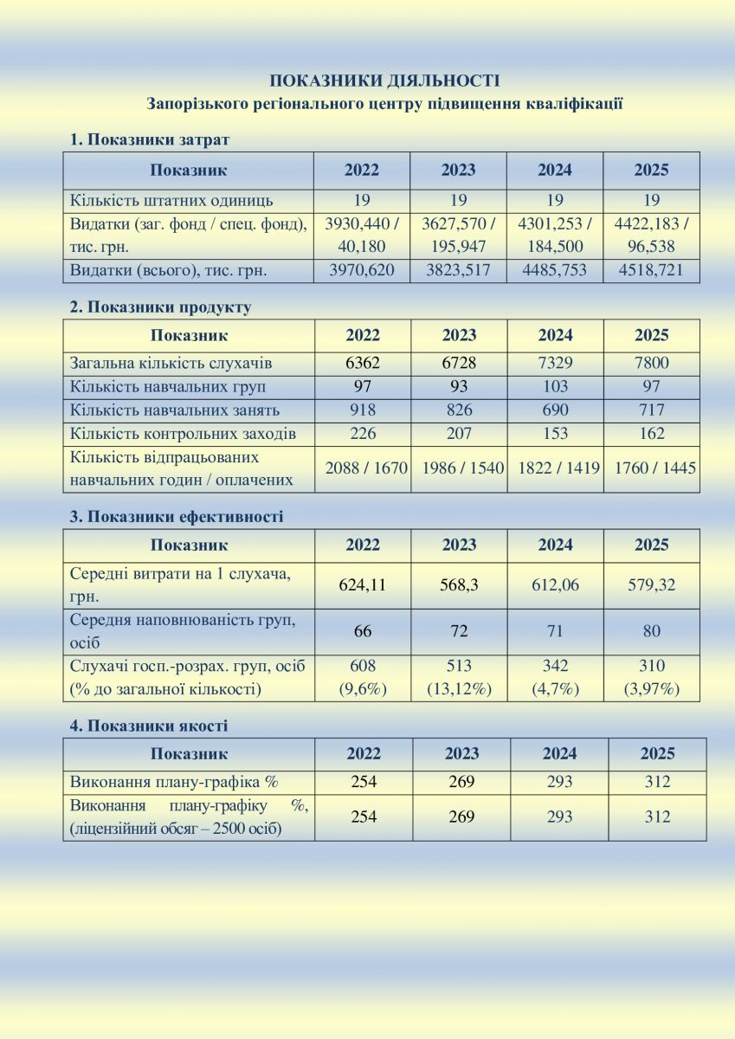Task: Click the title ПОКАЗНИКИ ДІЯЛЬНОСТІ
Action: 384,81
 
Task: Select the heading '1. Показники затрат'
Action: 149,139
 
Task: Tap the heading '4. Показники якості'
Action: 148,726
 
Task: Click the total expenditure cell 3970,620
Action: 362,270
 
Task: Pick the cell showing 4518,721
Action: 651,270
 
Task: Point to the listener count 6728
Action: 459,364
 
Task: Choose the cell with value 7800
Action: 651,364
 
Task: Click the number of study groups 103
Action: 555,387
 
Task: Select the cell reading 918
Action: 362,410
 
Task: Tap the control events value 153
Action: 555,434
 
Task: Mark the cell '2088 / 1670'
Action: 362,468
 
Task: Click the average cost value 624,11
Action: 362,585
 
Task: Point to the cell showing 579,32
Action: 651,585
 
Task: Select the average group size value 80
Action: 651,631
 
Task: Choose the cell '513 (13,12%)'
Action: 459,677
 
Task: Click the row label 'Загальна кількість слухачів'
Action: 171,364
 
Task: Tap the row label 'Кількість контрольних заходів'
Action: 183,434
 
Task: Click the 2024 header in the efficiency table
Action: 555,545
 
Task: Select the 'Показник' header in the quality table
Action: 189,754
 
